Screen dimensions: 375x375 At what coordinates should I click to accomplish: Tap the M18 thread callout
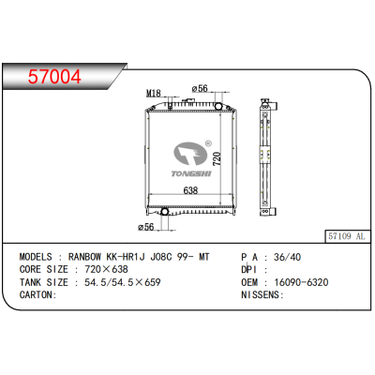(x=153, y=94)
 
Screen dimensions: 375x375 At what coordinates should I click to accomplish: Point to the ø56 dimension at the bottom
(x=145, y=227)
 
